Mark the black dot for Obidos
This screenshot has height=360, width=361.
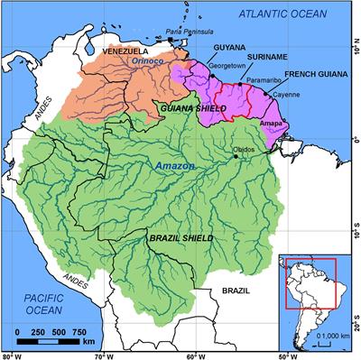[x=236, y=157]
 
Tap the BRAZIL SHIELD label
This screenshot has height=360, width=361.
[x=180, y=236]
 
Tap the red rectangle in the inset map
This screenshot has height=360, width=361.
[x=310, y=283]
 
